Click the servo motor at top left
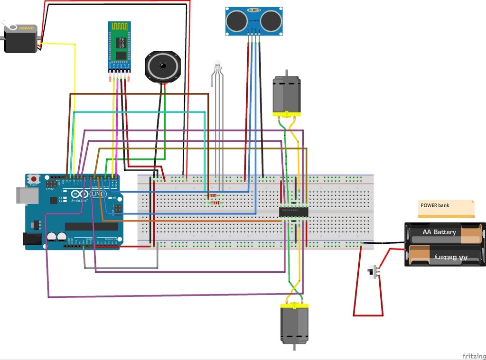tap(21, 39)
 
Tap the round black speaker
tap(163, 67)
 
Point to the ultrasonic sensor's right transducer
tap(271, 19)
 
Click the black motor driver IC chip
tap(293, 212)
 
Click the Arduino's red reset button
tap(34, 179)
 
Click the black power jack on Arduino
tap(33, 239)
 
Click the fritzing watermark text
tap(473, 356)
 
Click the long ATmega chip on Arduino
tap(90, 226)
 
